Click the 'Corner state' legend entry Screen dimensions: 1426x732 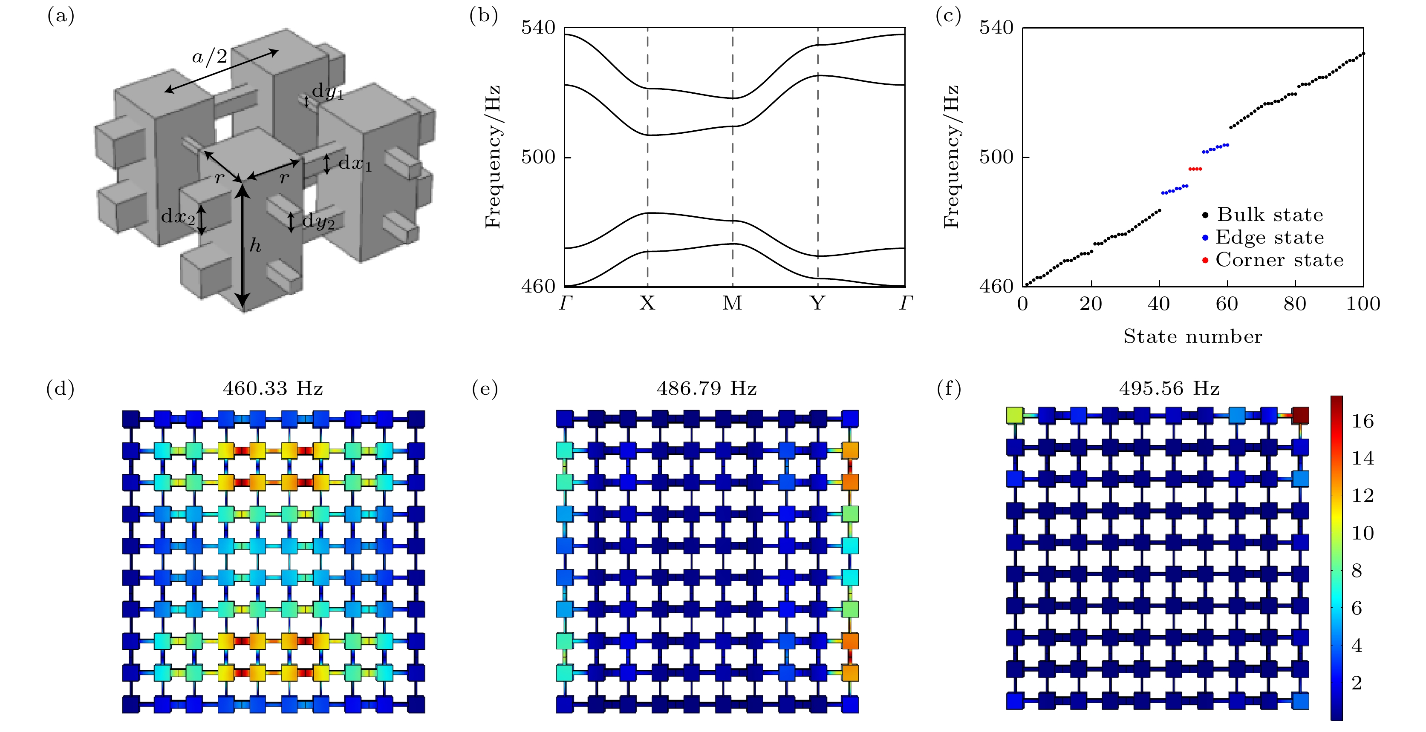1274,260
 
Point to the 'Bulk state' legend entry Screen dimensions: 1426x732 1263,215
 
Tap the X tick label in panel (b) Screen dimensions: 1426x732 647,303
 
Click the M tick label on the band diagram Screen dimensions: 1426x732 732,303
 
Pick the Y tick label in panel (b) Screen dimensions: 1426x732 817,303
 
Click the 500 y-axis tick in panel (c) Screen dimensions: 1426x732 996,157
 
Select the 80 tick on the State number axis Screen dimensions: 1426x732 1295,304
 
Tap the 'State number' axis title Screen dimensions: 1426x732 1193,336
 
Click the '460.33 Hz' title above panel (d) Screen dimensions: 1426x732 273,388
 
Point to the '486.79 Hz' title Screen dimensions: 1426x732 707,388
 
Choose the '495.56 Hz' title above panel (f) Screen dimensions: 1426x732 1169,388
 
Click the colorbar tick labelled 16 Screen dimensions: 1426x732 1363,422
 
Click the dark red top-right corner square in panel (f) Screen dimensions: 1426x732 1300,415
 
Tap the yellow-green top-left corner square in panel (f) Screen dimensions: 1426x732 1015,415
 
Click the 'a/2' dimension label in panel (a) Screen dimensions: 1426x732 210,57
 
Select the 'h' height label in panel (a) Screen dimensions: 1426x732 255,245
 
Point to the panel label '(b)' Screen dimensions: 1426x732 484,16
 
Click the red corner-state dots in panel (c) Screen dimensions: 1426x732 1195,169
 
